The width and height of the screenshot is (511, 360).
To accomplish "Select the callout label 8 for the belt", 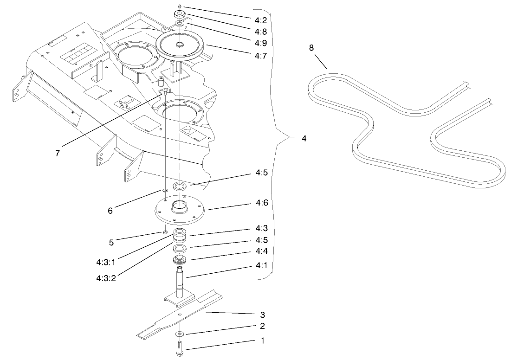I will (311, 48).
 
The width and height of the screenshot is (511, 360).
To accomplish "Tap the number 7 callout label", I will (58, 153).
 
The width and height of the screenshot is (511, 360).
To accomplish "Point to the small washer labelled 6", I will (165, 191).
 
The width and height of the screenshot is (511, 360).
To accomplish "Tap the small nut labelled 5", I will (165, 232).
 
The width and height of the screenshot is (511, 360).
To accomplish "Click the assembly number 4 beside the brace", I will (304, 138).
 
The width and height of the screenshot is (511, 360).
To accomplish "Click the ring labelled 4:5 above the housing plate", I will (180, 186).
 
